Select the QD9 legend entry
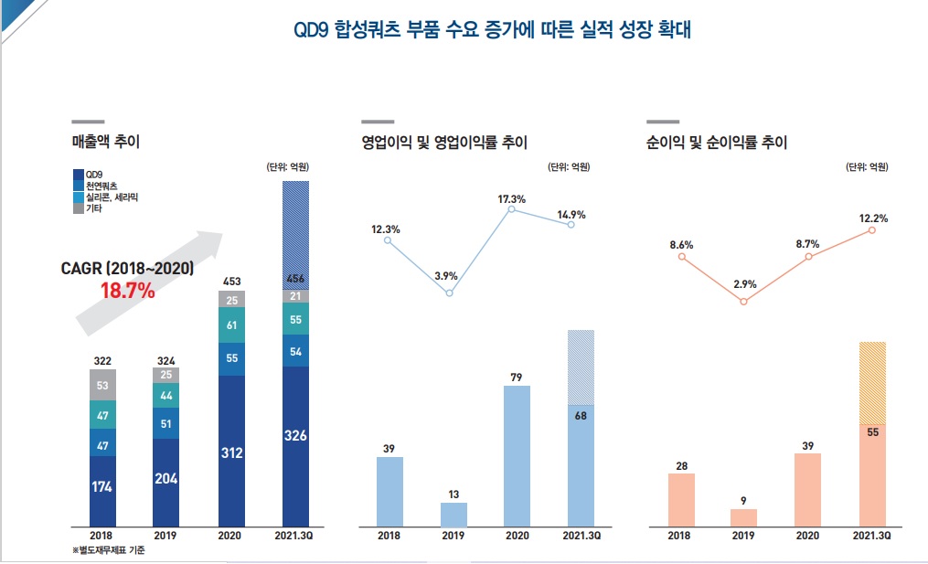coord(93,174)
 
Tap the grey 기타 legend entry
coord(92,208)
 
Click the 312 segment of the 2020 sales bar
coord(231,452)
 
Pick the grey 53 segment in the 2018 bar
coord(102,385)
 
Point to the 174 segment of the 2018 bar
coord(102,486)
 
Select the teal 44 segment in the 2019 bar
coord(166,396)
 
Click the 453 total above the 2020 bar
coord(231,281)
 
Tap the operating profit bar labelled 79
coord(517,455)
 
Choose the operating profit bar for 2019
coord(453,515)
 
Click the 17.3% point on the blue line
coord(512,209)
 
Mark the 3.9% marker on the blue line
coord(449,293)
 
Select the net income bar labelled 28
coord(681,499)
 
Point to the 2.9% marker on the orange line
coord(743,301)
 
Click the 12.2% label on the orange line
coord(873,218)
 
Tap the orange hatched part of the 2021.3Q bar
coord(872,382)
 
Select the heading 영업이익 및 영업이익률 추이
coord(444,143)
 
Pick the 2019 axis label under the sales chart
coord(166,536)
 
